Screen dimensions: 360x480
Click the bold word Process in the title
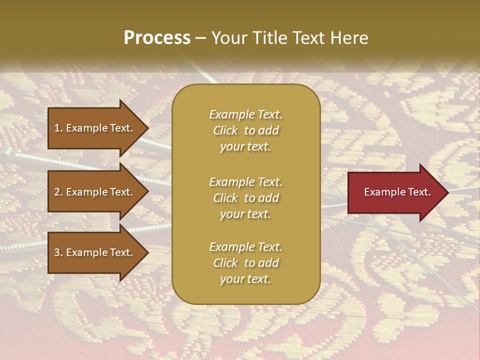(157, 38)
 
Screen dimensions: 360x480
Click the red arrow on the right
(395, 192)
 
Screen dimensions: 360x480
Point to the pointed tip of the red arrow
(447, 192)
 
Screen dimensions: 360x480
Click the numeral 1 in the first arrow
(56, 128)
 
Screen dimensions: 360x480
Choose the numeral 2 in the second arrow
(57, 192)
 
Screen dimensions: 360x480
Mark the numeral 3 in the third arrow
(57, 252)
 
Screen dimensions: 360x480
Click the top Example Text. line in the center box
(245, 114)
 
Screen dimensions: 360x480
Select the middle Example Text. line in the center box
(245, 181)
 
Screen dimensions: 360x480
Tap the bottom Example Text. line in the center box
(245, 247)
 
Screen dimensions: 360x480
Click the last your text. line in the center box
(245, 279)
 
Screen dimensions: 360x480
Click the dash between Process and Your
(201, 38)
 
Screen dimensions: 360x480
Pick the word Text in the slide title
(307, 38)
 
